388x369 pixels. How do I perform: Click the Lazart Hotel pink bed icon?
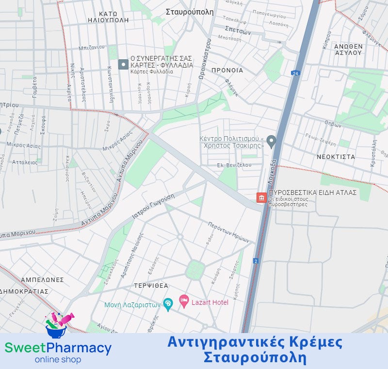click(184, 302)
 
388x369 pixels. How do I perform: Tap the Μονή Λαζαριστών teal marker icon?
click(168, 305)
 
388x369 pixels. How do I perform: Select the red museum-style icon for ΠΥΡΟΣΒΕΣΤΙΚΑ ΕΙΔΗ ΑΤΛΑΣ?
click(261, 198)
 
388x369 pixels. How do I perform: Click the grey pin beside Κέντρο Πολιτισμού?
click(272, 141)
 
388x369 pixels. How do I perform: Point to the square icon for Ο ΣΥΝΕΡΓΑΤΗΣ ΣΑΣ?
click(123, 64)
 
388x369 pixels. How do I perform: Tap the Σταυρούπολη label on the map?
click(190, 12)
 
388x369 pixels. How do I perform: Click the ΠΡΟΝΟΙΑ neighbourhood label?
click(227, 70)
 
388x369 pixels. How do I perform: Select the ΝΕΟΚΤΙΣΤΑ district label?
click(336, 157)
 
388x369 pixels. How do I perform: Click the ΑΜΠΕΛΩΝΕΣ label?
click(42, 280)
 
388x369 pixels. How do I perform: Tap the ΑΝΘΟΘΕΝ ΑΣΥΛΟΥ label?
click(348, 50)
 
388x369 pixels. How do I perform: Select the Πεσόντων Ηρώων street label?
click(228, 232)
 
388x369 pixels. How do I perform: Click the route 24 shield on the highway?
click(295, 73)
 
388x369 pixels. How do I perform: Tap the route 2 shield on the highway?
click(256, 261)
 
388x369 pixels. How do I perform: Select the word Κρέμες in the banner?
click(318, 342)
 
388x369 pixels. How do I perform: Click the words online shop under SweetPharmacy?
click(58, 360)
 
